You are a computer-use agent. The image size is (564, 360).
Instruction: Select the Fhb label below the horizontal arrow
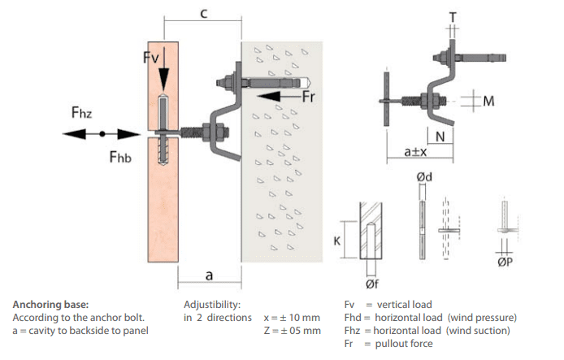pos(122,155)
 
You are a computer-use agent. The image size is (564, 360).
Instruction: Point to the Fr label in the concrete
pos(309,97)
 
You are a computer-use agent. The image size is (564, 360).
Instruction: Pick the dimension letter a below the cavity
pos(209,275)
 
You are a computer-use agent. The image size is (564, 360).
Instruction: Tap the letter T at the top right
pos(453,16)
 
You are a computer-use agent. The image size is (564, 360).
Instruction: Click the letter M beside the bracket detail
pos(488,101)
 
